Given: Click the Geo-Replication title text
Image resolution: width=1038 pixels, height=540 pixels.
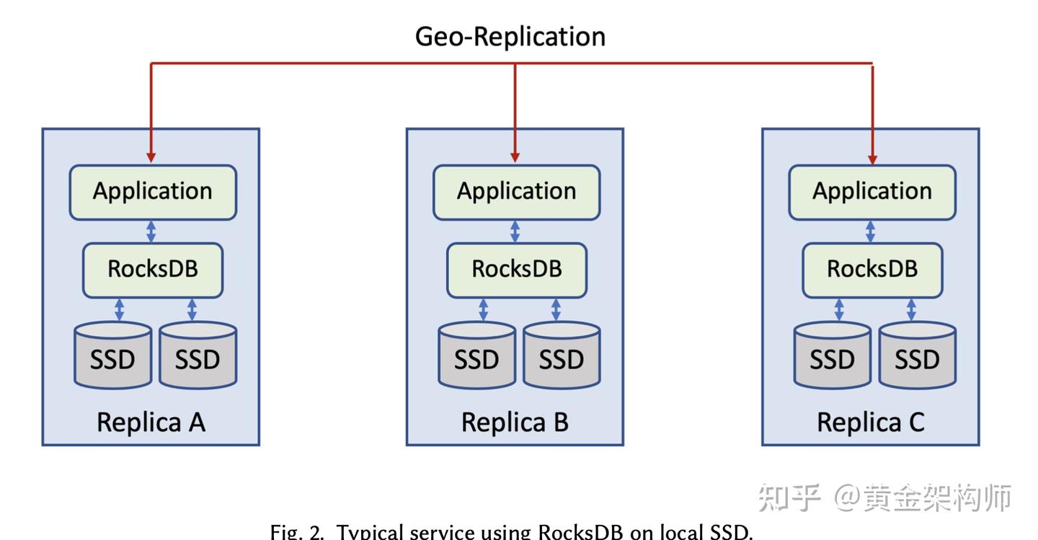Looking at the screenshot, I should point(510,37).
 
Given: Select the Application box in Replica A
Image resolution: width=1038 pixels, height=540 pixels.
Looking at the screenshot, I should point(153,192).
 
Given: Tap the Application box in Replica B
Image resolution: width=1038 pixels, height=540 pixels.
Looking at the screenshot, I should point(516,192).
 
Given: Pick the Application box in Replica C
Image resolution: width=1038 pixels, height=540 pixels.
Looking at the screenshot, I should point(872,192).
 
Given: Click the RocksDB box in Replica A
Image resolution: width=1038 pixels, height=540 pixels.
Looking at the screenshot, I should point(153,270).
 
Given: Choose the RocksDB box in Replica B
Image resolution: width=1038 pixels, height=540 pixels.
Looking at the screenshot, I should point(516,270).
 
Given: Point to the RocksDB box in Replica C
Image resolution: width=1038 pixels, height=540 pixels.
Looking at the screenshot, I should point(872,270).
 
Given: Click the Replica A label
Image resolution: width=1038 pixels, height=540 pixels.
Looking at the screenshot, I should point(151,422).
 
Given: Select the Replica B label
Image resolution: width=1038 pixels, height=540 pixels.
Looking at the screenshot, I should point(515,422).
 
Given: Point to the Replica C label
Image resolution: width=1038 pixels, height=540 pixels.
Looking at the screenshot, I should point(870,422).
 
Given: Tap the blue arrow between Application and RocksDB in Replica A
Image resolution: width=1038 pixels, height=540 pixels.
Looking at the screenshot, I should point(151,231).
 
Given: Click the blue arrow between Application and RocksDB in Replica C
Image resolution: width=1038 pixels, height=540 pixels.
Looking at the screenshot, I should point(871,231).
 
